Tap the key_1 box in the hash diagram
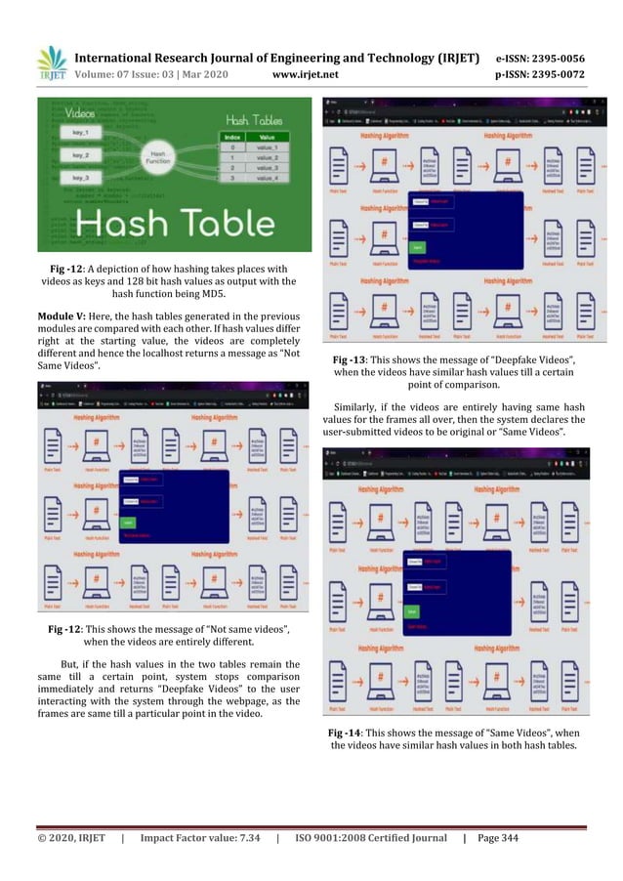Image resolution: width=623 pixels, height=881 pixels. tap(82, 131)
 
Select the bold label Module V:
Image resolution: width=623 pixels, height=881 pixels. tap(66, 318)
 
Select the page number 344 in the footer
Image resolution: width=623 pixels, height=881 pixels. tap(560, 838)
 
